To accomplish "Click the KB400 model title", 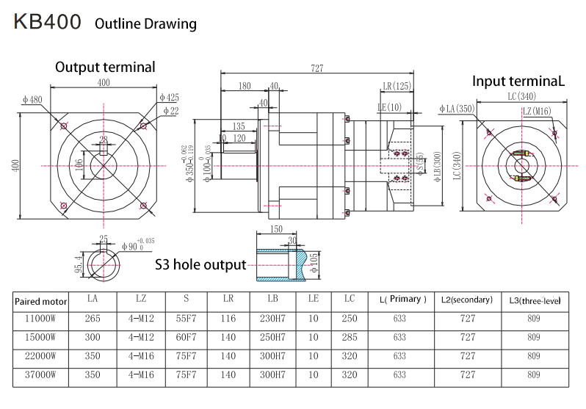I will click(x=47, y=22).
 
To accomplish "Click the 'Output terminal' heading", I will click(x=105, y=67).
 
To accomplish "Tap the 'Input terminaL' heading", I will click(x=518, y=82).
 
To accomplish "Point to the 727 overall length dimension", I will click(x=316, y=68).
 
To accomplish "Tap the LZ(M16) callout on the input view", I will click(x=537, y=111).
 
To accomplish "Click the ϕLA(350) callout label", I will click(x=457, y=109).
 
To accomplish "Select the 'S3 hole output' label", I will click(x=200, y=264).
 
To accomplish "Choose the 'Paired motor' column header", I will click(x=41, y=300).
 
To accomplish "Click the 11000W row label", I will click(x=41, y=319).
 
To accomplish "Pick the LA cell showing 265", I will click(x=92, y=319).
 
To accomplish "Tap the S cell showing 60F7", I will click(x=186, y=338).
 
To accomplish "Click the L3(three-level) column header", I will click(x=535, y=300).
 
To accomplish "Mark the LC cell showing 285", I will click(x=349, y=338).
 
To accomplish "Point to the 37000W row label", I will click(x=41, y=375).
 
